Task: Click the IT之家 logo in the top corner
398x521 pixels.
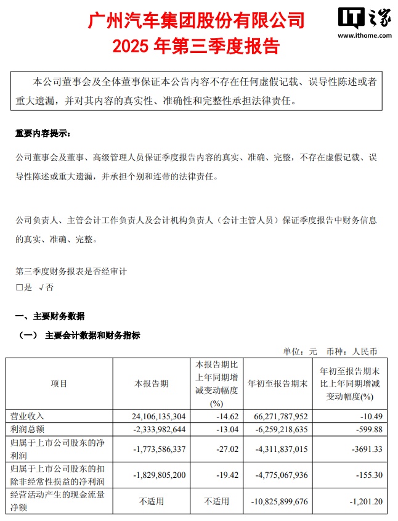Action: pos(363,20)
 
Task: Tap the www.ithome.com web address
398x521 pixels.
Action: pos(364,36)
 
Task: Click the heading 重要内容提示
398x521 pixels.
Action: pos(43,133)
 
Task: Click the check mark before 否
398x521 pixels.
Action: pos(41,287)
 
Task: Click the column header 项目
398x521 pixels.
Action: pos(59,384)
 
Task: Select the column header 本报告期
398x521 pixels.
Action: pos(152,384)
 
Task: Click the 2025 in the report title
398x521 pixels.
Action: pos(133,47)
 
